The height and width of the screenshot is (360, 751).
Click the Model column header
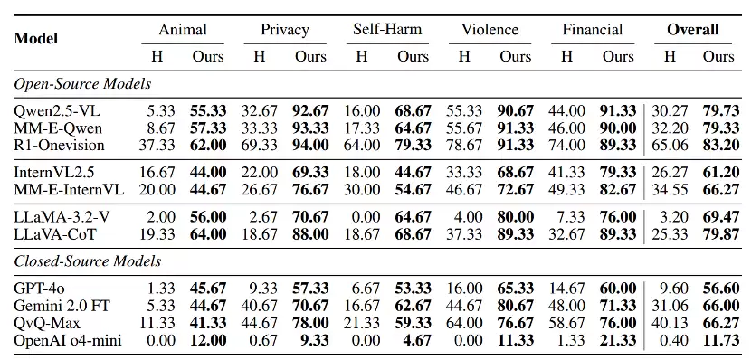pyautogui.click(x=36, y=38)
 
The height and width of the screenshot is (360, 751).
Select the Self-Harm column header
pyautogui.click(x=387, y=29)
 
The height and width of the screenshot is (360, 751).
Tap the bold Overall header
pyautogui.click(x=693, y=29)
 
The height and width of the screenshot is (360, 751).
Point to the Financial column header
pyautogui.click(x=593, y=29)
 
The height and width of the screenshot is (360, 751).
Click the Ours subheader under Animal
pyautogui.click(x=208, y=56)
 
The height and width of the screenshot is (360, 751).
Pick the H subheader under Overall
pyautogui.click(x=670, y=56)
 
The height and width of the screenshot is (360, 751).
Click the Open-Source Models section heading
pyautogui.click(x=82, y=84)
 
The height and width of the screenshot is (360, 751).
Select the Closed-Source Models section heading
pyautogui.click(x=88, y=261)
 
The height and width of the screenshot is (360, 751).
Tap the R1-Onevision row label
pyautogui.click(x=60, y=145)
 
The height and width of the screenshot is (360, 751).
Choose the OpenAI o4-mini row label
pyautogui.click(x=68, y=340)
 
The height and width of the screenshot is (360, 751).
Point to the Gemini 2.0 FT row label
pyautogui.click(x=62, y=305)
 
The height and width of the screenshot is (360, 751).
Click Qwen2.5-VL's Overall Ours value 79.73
pyautogui.click(x=721, y=111)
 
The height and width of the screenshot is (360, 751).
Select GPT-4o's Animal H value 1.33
pyautogui.click(x=162, y=289)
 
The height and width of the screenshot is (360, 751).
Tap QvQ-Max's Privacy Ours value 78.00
pyautogui.click(x=311, y=323)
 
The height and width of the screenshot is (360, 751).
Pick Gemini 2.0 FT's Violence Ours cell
pyautogui.click(x=515, y=305)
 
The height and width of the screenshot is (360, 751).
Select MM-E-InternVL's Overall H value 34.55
pyautogui.click(x=670, y=190)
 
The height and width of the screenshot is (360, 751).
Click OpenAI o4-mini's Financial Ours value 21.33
pyautogui.click(x=618, y=340)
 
